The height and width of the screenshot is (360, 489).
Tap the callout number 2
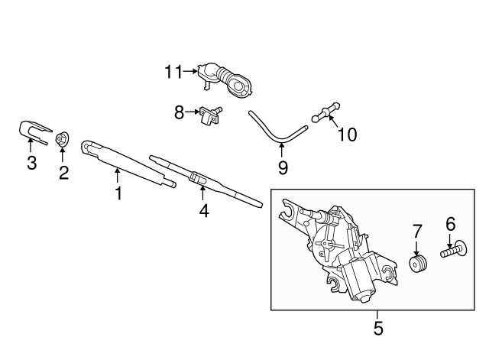pos(63,173)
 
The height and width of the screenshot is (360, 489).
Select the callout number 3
pos(31,163)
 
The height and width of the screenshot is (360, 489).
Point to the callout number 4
pos(203,209)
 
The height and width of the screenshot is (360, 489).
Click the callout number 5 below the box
pos(377,329)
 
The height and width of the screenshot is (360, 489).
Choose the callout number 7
pos(417,230)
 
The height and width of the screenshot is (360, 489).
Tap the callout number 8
pos(179,112)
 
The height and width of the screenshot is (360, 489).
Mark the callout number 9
pos(282,166)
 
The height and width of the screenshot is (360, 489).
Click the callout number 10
pos(347,135)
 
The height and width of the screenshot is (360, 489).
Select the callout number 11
pos(173,73)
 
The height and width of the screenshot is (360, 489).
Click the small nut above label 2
pos(63,139)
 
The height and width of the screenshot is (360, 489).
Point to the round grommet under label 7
pos(417,264)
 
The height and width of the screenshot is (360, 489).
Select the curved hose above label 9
pos(271,131)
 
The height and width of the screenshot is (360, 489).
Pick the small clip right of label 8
pos(209,114)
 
